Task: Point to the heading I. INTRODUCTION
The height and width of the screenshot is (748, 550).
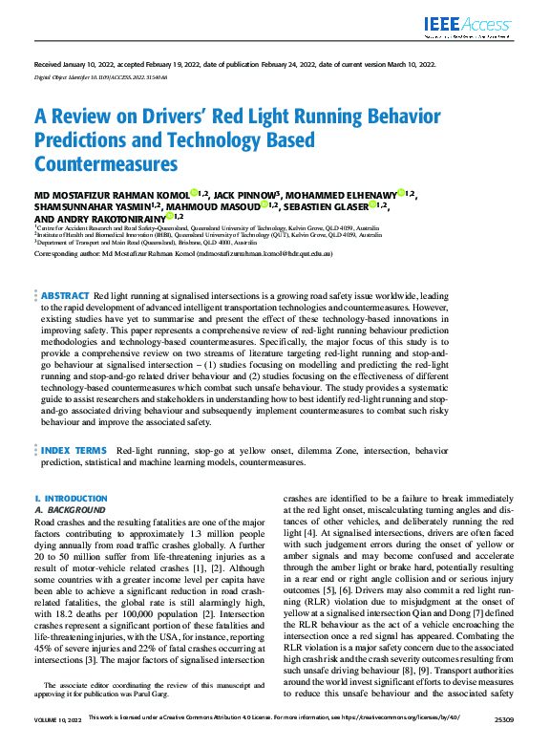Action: (71, 499)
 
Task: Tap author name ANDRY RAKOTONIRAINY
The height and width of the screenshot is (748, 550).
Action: (98, 217)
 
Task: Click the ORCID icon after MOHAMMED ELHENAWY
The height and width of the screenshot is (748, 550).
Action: (401, 192)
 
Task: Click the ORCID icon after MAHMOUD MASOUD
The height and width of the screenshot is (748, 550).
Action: (264, 204)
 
